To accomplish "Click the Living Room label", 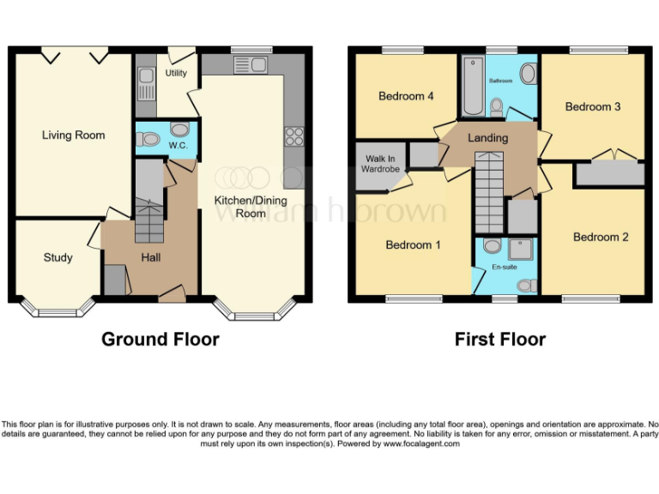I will click(x=74, y=135).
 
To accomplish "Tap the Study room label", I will click(x=58, y=257).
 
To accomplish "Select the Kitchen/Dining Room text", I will click(x=239, y=207).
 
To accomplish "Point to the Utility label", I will click(x=176, y=74).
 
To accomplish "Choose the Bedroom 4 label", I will click(x=406, y=96).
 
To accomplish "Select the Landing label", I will click(x=487, y=137).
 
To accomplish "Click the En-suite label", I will click(x=504, y=267).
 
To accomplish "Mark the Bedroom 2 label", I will click(x=601, y=237).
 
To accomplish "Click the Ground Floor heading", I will click(x=160, y=340).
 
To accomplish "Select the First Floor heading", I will click(x=499, y=340).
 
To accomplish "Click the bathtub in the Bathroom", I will click(x=472, y=87).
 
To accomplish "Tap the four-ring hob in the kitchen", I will click(x=294, y=135).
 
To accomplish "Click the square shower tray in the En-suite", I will click(x=522, y=249).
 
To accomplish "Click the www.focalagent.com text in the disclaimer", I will click(x=421, y=443).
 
